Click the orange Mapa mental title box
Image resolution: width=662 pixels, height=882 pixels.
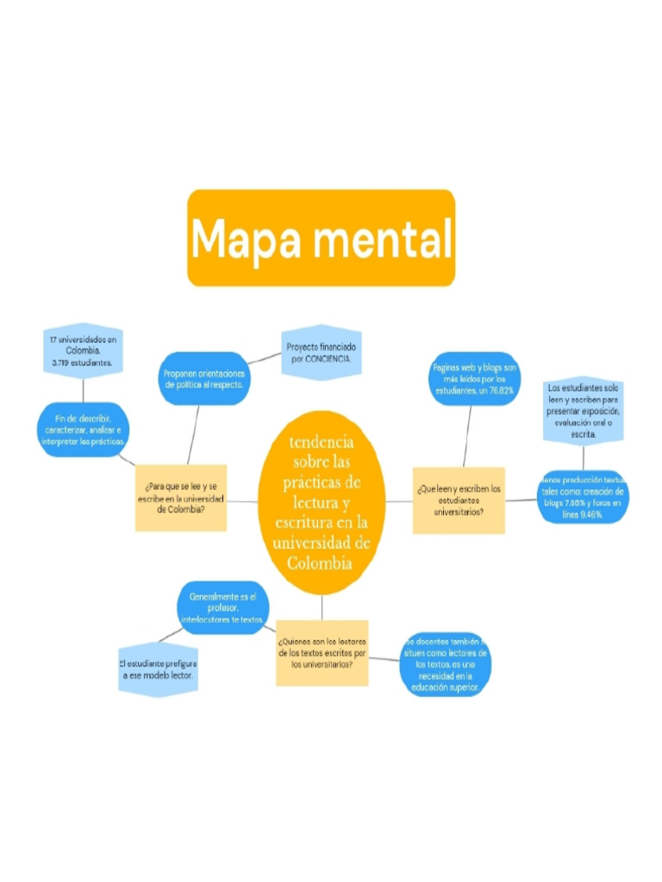coord(321,238)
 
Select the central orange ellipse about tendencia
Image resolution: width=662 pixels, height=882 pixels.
coord(322,502)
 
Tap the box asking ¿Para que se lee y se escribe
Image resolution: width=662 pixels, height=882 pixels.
coord(181,499)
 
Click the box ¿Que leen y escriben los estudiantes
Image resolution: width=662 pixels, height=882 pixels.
coord(458,500)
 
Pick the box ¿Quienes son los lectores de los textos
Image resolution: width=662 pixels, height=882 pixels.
coord(322,653)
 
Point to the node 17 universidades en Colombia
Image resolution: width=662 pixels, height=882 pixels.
coord(83,351)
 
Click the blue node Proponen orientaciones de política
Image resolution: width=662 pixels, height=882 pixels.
coord(204,379)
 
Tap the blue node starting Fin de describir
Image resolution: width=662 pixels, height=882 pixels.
coord(84,430)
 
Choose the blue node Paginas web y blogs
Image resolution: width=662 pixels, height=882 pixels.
coord(473,379)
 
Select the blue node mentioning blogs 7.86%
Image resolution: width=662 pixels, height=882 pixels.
coord(582,497)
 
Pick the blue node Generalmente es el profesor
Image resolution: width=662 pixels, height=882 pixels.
coord(222,607)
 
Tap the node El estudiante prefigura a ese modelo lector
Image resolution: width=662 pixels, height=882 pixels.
coord(158,670)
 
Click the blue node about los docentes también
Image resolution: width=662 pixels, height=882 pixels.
coord(445,664)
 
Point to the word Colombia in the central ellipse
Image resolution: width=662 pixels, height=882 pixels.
coord(322,564)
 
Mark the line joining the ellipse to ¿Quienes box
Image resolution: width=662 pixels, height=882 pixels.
coord(322,607)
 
